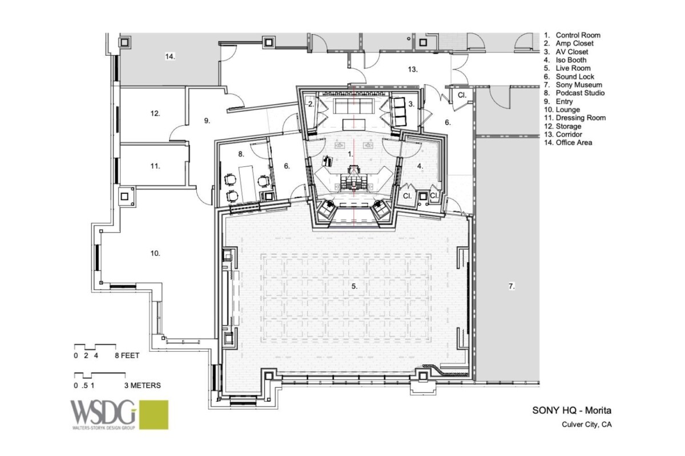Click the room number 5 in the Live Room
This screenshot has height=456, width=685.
(354, 287)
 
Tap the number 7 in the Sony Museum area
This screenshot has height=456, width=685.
(512, 287)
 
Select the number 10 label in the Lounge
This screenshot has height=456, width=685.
(155, 253)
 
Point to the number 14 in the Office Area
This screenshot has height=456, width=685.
(170, 57)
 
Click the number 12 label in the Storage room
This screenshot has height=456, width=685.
(155, 113)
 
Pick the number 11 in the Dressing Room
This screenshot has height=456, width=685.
(155, 166)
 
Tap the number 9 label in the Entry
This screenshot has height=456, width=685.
(208, 121)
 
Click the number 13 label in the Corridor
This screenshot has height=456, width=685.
(413, 70)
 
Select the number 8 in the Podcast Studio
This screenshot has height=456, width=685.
(241, 154)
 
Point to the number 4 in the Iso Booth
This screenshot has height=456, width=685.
(420, 166)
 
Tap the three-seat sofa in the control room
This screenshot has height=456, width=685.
(354, 105)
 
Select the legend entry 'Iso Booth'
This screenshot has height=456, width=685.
(571, 60)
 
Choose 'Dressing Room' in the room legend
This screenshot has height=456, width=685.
(580, 118)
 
